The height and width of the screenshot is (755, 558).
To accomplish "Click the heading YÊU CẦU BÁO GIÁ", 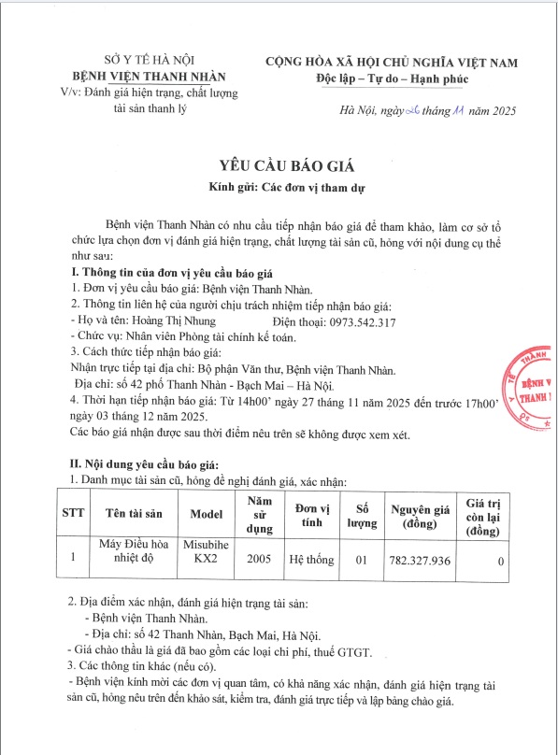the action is pos(279,164).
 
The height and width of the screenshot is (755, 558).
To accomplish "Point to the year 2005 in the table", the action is pos(259,561).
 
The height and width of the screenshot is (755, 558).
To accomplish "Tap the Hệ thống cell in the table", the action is pos(309,561).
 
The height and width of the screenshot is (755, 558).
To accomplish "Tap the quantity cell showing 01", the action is pos(362,561).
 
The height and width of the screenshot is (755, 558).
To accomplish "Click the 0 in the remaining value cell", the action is pos(502,562).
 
